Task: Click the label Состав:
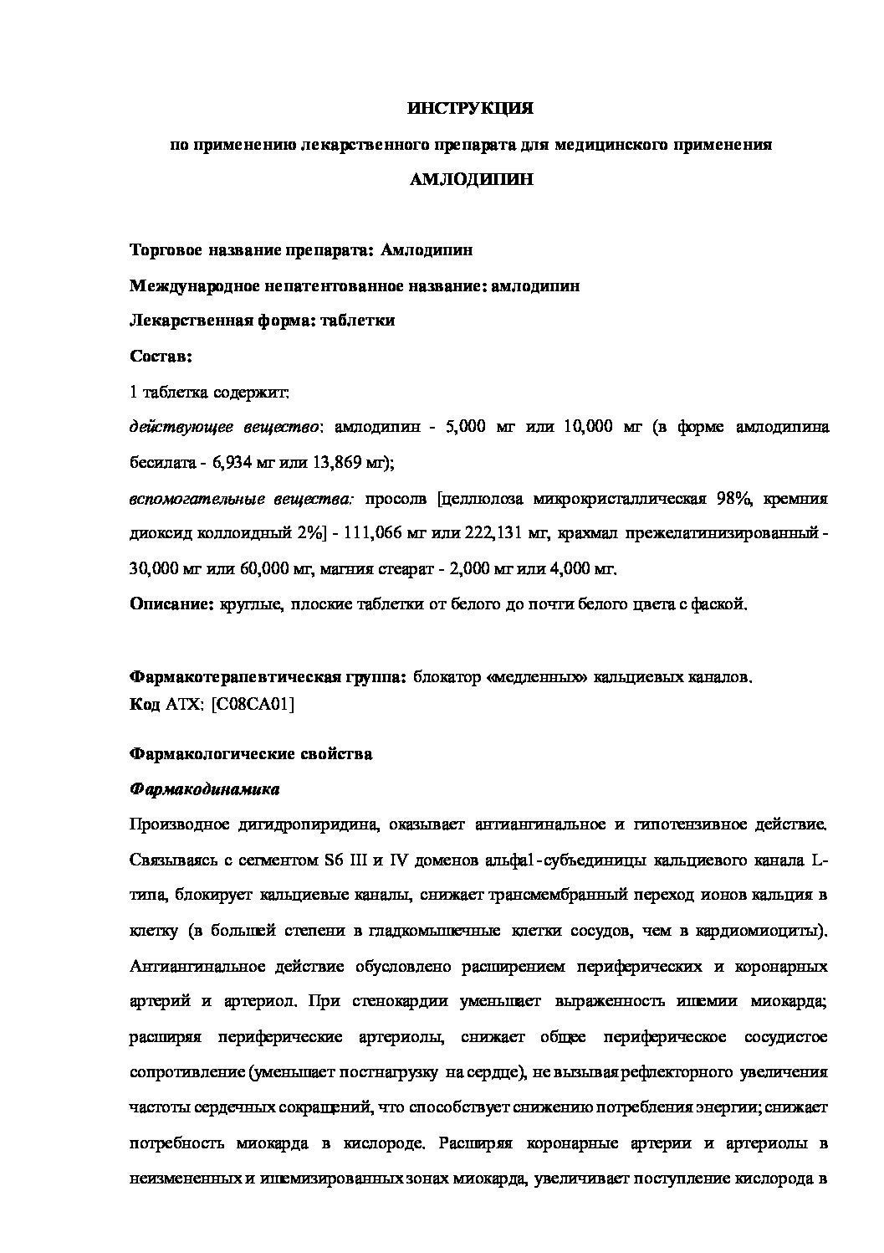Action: coord(161,357)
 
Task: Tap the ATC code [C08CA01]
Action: coord(253,704)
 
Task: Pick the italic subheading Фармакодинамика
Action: coord(204,789)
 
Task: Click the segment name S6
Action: coord(333,860)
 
